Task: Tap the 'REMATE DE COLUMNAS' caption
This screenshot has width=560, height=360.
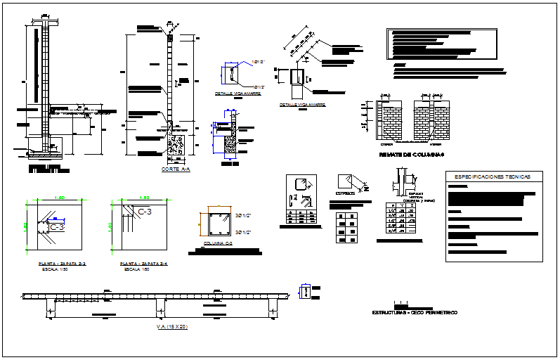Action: click(x=412, y=154)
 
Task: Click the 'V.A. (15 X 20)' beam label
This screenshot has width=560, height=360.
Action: click(x=173, y=326)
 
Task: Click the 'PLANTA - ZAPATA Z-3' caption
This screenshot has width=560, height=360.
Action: click(x=62, y=262)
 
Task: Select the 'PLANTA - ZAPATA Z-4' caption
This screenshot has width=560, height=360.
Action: click(x=145, y=262)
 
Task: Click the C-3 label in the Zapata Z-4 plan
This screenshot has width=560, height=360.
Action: click(x=145, y=211)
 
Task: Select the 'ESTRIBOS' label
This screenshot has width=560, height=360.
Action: click(x=344, y=192)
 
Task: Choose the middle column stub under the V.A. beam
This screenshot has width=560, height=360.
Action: click(x=160, y=307)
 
